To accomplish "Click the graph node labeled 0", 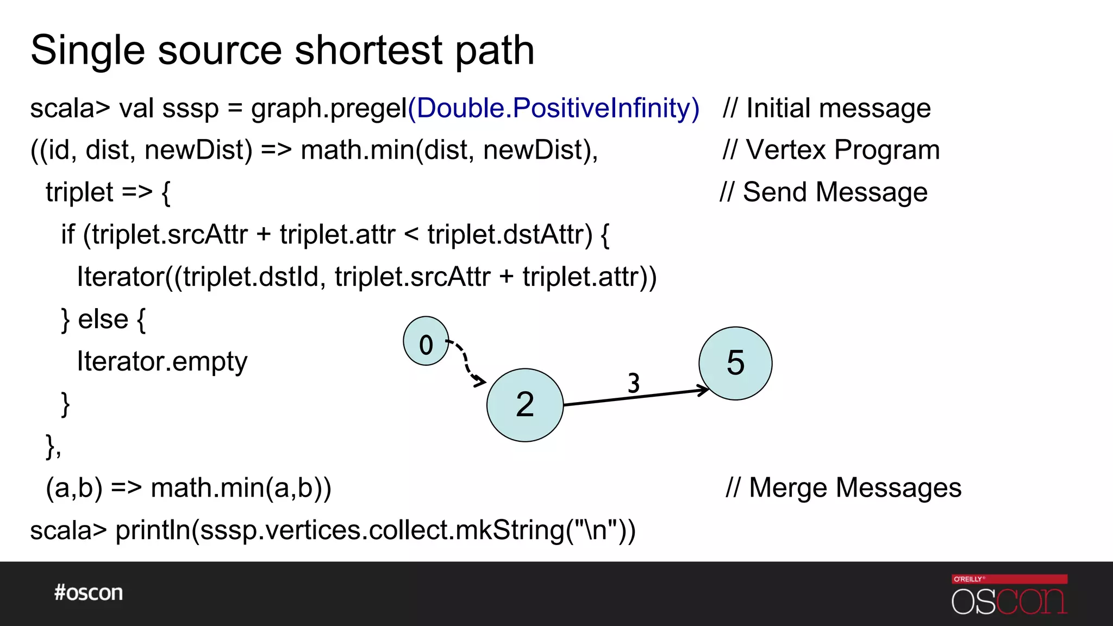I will [x=426, y=341].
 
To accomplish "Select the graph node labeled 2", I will [x=525, y=405].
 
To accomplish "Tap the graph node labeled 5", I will [x=735, y=363].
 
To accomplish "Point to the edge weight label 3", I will [x=634, y=383].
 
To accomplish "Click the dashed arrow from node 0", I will [x=465, y=360].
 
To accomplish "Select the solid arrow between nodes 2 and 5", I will [x=636, y=397].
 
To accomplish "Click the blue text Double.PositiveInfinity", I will [x=553, y=108].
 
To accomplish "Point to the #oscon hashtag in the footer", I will [x=89, y=592].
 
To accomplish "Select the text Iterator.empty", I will [x=162, y=361].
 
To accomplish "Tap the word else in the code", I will [x=103, y=319].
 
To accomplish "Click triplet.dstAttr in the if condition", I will [x=510, y=235].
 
